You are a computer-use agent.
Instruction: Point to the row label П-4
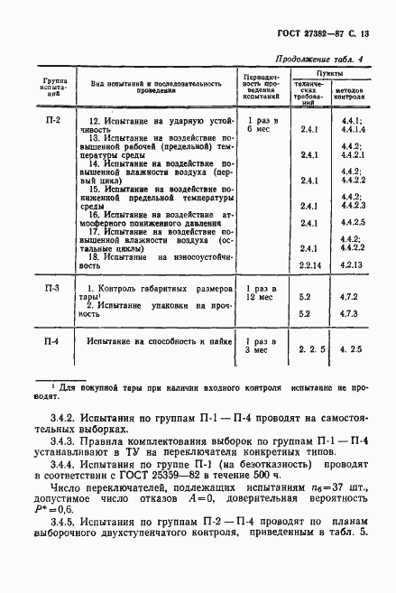coord(52,342)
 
